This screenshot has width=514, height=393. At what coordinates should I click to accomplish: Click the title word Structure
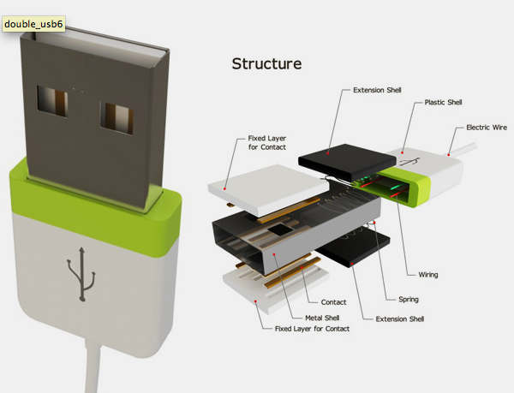click(x=266, y=64)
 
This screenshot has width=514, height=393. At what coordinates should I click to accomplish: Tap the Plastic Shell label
click(x=443, y=103)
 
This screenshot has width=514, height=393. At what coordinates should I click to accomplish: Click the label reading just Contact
click(x=332, y=302)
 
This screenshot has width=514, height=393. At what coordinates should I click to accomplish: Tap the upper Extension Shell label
click(x=377, y=89)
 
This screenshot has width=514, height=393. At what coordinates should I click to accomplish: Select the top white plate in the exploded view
click(x=270, y=184)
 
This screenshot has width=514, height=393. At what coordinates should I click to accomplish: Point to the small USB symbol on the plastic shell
click(x=411, y=160)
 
